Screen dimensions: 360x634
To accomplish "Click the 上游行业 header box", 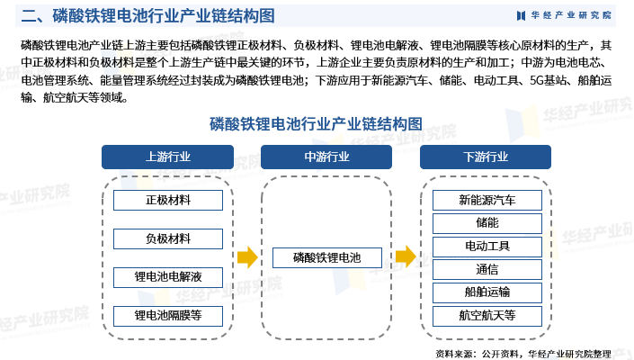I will pos(168,157).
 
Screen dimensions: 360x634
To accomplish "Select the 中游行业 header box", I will pos(326,157).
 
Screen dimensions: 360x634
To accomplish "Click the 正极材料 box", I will pos(168,200).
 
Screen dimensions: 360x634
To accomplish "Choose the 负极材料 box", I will pos(168,238).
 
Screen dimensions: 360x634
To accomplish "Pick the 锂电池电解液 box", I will pos(168,277).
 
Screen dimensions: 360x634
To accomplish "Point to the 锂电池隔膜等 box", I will pos(168,315).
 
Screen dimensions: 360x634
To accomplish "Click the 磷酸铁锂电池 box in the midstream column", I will pos(326,258).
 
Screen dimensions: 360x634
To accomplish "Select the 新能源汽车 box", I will pos(487,200).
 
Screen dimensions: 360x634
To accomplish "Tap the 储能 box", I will pos(487,222).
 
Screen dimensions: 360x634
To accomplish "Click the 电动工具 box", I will pos(487,246).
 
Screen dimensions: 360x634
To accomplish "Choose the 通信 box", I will pos(487,269).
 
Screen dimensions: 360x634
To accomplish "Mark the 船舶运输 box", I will pos(487,292).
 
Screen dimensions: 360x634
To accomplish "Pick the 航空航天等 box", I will pos(487,315).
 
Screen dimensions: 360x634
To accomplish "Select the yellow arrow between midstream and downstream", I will pos(406,257).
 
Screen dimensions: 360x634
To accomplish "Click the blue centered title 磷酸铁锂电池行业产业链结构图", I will pos(316,123).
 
